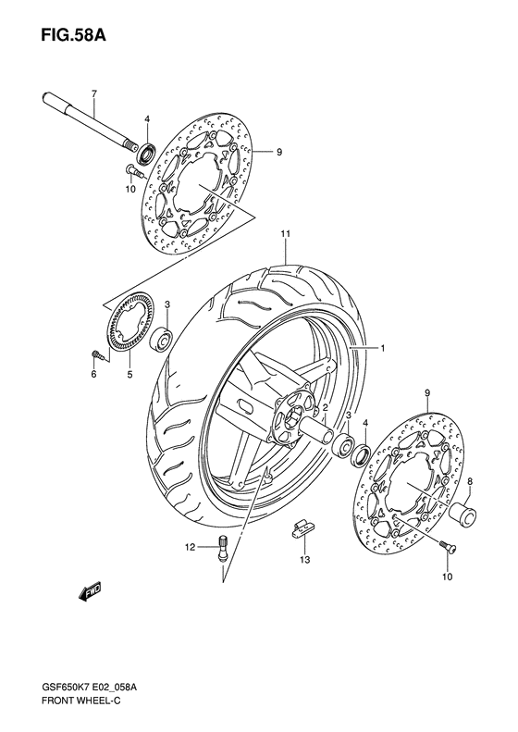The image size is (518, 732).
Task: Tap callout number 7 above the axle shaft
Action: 93,93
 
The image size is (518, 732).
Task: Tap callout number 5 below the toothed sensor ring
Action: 129,375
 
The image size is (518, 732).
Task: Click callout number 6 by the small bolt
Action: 93,375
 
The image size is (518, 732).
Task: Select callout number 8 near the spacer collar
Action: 470,481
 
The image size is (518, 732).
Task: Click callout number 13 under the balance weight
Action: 304,560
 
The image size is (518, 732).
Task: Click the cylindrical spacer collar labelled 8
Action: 464,512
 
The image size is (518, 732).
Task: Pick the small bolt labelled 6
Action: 95,354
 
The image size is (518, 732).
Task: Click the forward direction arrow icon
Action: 91,592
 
